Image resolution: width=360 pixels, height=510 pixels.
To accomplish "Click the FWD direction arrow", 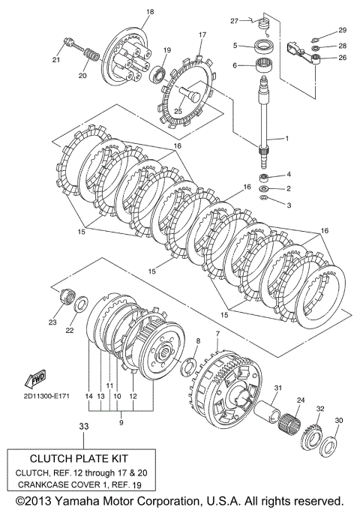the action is (x=36, y=378).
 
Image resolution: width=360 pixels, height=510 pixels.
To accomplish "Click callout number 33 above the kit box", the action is (x=83, y=426).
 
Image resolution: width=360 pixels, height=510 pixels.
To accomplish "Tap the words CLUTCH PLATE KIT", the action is (x=79, y=458).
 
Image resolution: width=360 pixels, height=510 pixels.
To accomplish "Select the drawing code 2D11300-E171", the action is (x=46, y=396).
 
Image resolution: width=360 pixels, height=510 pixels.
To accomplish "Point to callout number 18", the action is (x=150, y=12).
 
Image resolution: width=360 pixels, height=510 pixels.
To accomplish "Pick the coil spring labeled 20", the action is (x=92, y=55).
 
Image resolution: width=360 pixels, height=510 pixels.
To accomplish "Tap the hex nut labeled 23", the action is (x=66, y=296).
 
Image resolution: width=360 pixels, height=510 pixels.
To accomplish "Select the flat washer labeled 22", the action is (x=81, y=304).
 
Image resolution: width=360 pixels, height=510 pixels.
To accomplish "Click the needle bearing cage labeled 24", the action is (x=289, y=421).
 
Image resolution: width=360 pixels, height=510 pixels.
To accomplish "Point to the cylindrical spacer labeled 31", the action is (x=267, y=410).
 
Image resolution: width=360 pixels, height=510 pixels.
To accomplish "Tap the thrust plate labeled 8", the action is (x=188, y=367).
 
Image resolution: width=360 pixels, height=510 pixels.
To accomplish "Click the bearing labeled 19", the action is (x=158, y=75).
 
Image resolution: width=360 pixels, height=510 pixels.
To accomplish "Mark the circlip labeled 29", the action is (x=315, y=40).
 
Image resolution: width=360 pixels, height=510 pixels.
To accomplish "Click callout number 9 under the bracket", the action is (x=121, y=423).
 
